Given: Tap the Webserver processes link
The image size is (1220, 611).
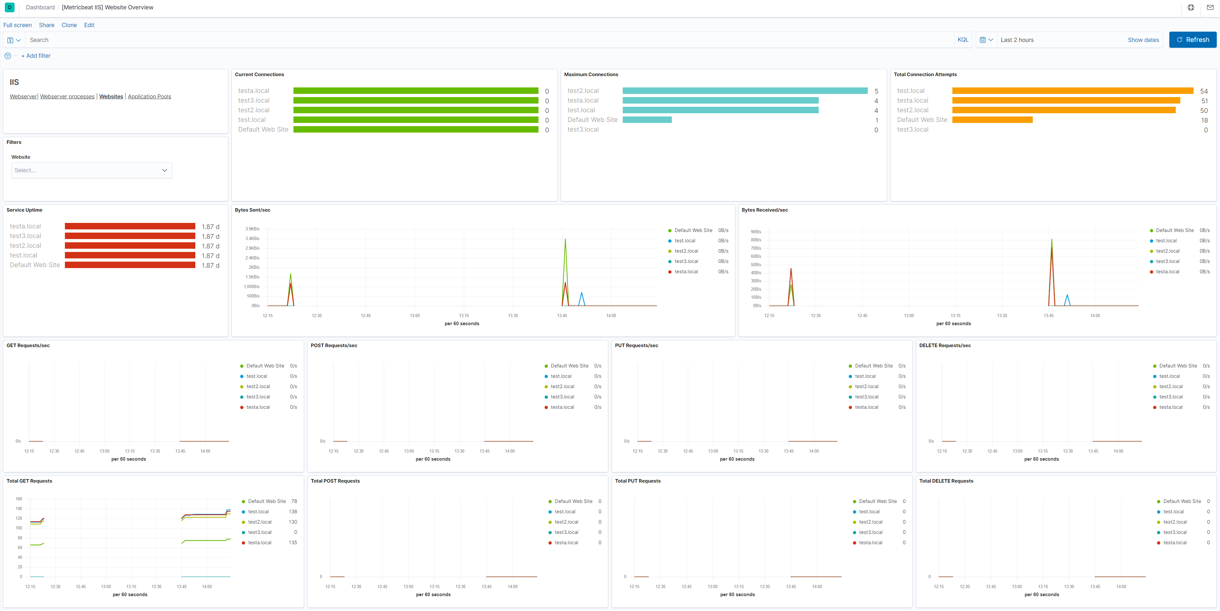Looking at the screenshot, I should pos(67,96).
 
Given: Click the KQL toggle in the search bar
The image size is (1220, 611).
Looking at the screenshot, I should pos(962,40).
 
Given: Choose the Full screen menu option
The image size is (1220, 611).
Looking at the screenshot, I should pos(17,25).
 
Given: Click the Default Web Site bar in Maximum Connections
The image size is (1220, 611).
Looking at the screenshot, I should pos(647,120).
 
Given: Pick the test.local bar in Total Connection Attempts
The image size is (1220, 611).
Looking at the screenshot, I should pos(1072,91).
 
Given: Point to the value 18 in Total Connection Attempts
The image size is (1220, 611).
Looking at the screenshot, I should pos(1204,120).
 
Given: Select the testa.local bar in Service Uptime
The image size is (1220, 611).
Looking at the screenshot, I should pos(130,226).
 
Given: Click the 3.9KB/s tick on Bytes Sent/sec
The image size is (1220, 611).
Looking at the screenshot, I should pos(252,229).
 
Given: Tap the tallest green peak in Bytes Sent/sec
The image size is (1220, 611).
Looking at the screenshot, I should pos(565,239).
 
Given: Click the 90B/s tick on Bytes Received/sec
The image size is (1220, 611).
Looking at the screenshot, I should pos(756,232).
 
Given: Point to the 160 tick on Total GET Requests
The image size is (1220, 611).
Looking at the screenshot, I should pos(19,499).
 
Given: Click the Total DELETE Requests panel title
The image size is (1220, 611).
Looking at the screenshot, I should pos(946,481).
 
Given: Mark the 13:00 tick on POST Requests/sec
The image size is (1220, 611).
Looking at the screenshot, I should pos(409,451).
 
